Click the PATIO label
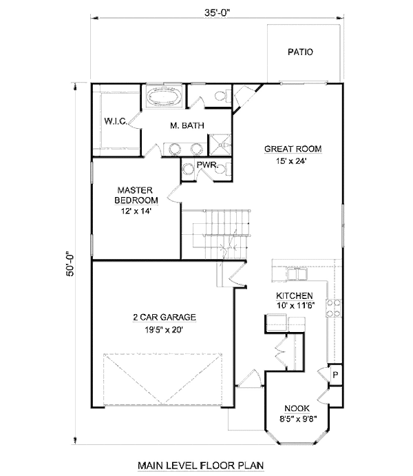(x=300, y=52)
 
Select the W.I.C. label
(x=114, y=121)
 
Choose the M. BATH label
(x=184, y=126)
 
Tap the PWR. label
(x=207, y=165)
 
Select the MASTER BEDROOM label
(x=135, y=194)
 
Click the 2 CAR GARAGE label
(x=165, y=318)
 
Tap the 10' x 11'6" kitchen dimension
(x=296, y=305)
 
